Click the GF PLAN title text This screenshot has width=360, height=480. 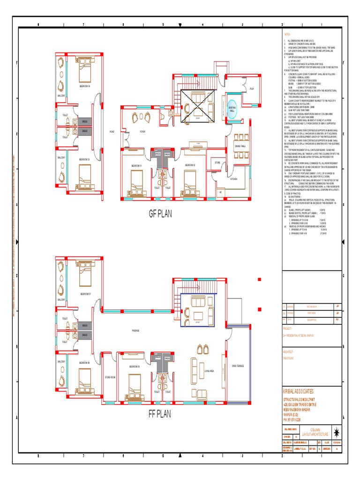point(161,214)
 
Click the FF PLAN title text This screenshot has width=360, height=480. point(160,414)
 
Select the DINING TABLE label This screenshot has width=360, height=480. point(240,147)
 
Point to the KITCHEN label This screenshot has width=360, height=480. point(234,179)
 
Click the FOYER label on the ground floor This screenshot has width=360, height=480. point(142,132)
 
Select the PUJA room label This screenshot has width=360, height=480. point(251,88)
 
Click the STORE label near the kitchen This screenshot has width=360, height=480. point(217,163)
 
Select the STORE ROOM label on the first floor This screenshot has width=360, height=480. point(110,377)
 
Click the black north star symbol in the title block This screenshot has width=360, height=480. point(336,432)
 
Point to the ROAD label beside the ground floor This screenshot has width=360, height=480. point(112,132)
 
